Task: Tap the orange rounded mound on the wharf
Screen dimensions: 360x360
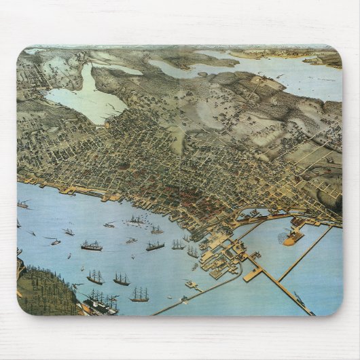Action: (293, 238)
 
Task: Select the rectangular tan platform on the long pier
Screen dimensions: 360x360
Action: (252, 274)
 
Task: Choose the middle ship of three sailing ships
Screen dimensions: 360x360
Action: (121, 279)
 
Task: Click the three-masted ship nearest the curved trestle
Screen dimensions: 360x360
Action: (139, 294)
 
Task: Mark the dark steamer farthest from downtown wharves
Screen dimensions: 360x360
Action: (92, 246)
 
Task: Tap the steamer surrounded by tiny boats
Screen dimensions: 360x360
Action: (137, 220)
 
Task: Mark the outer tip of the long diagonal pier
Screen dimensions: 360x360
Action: (309, 312)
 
